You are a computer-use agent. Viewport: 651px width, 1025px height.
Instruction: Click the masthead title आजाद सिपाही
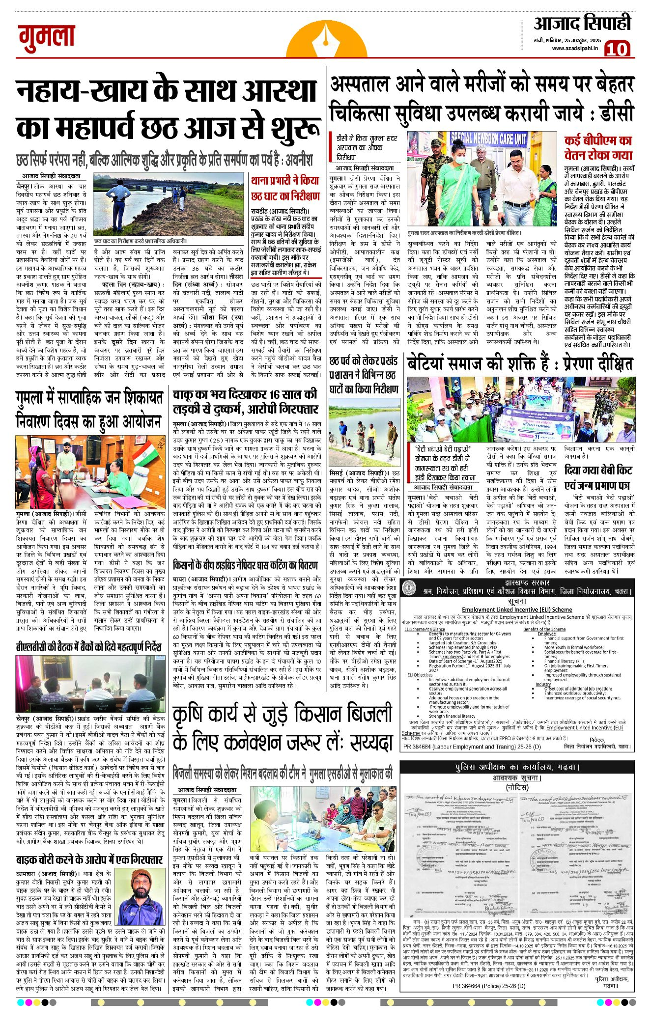pyautogui.click(x=582, y=23)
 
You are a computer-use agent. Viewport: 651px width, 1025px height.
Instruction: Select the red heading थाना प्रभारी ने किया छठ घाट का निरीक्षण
pyautogui.click(x=284, y=189)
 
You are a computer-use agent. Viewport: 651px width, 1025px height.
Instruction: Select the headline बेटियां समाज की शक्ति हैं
pyautogui.click(x=520, y=364)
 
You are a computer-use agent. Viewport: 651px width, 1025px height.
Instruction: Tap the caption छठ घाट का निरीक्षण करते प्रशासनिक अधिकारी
pyautogui.click(x=141, y=241)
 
